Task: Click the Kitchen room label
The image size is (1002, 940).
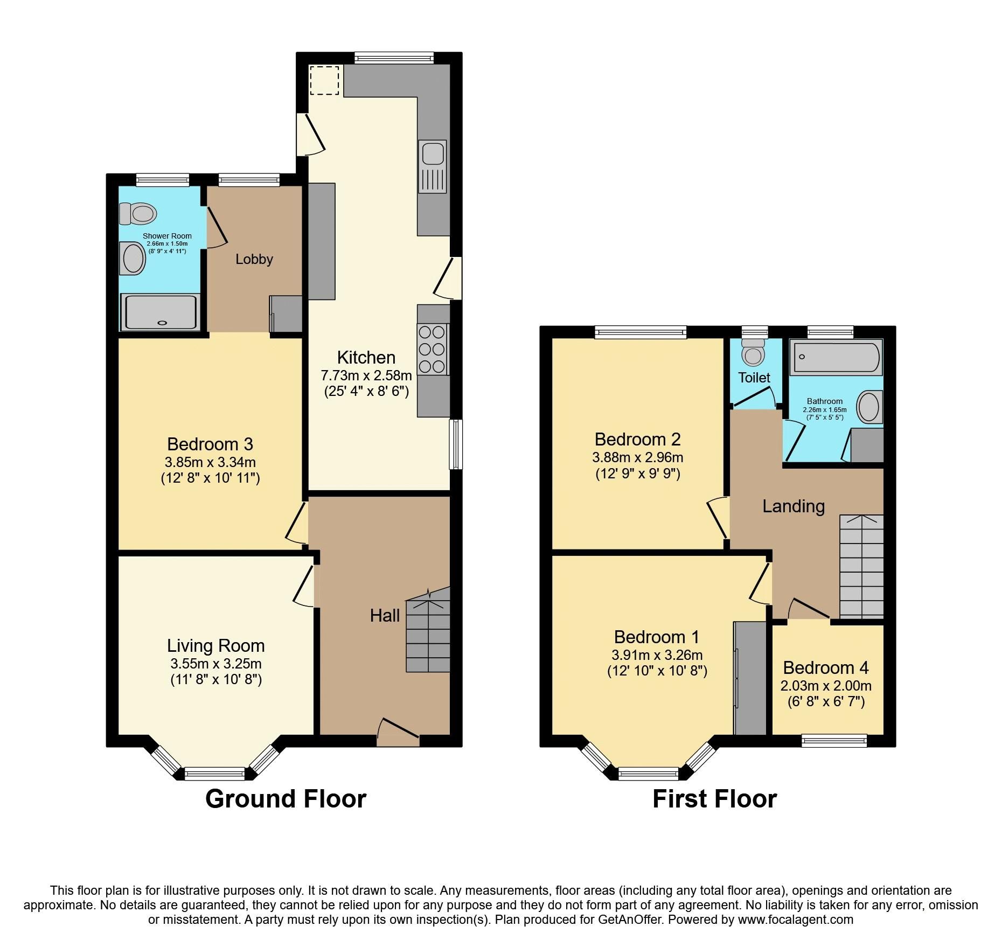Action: click(366, 358)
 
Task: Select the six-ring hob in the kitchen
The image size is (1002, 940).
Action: click(433, 349)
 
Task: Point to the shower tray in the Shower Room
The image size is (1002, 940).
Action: click(160, 312)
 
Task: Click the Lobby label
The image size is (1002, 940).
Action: click(254, 259)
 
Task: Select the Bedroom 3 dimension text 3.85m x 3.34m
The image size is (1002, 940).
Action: click(210, 462)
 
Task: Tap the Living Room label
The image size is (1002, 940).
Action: click(215, 645)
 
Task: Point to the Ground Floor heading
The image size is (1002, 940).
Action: click(286, 799)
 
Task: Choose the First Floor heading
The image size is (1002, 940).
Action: click(714, 799)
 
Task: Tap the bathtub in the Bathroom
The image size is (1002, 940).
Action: click(836, 357)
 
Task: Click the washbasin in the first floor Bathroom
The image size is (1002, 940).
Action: click(868, 407)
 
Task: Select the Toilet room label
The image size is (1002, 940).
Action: click(754, 378)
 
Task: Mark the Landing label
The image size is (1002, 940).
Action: click(793, 506)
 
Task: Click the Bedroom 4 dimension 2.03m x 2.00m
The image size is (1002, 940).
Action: click(825, 686)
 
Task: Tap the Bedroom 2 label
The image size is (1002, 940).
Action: click(637, 440)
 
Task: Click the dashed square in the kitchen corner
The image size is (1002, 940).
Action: click(324, 80)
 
